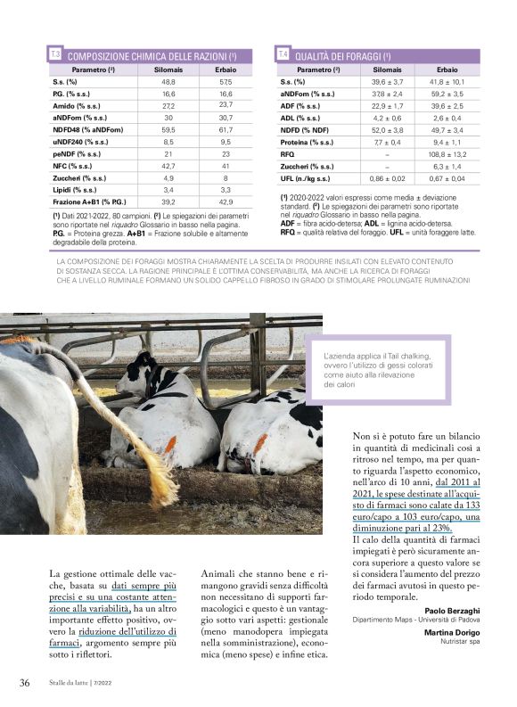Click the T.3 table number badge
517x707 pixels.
[x=55, y=55]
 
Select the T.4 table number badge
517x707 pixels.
[x=283, y=55]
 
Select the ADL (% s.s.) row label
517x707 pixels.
[x=300, y=118]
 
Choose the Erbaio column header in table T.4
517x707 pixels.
[x=447, y=69]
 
